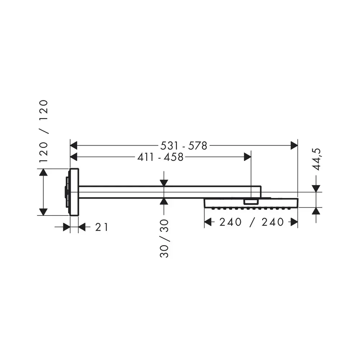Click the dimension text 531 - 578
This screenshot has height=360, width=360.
pos(184,145)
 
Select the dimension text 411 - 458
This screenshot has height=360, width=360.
pos(160,157)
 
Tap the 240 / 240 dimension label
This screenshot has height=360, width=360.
pos(252,222)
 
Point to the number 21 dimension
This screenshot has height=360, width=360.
pos(102,227)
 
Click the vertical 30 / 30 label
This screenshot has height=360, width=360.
pos(164,238)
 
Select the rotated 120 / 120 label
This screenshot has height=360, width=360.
pos(44,131)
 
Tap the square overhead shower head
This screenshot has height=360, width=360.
pos(251,203)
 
